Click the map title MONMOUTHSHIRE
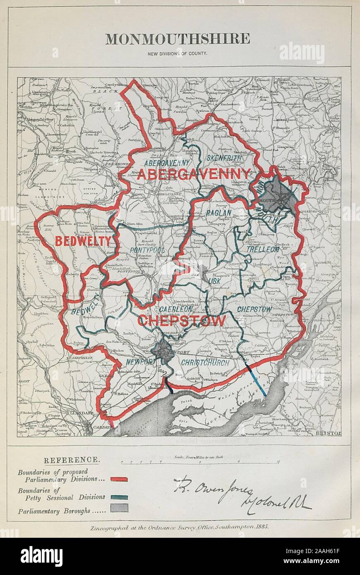coord(178,39)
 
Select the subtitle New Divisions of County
coord(178,53)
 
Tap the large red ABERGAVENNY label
coord(194,174)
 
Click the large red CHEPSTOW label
coord(182,320)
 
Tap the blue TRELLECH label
coord(263,249)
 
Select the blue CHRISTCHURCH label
coord(205,363)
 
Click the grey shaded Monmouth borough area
coord(280,194)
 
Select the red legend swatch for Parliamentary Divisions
coord(119,479)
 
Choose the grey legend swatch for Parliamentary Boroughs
coord(119,508)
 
